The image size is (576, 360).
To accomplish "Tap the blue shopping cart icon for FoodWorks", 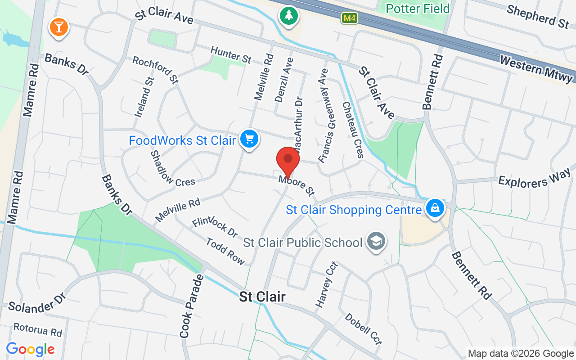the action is [x=248, y=139].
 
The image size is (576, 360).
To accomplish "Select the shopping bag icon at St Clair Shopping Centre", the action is [x=435, y=208].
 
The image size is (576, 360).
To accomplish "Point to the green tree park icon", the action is [x=288, y=16].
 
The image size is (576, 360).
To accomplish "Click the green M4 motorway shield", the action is [x=349, y=18].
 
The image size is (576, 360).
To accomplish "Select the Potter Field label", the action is [x=418, y=9].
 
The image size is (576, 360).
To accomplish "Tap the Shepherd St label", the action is [x=538, y=16].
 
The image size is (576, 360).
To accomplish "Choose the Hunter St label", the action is [x=231, y=55].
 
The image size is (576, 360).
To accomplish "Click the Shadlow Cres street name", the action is [x=172, y=169].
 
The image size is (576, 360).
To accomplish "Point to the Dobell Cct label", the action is [x=364, y=329].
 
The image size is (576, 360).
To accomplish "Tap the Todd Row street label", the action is [x=225, y=252].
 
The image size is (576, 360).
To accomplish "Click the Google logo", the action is [x=31, y=349].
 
